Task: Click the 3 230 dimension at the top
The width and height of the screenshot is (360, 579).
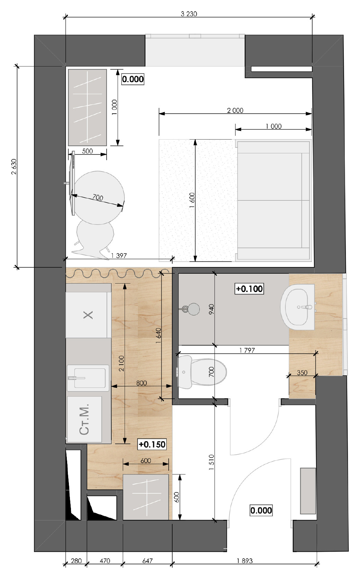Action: (x=189, y=14)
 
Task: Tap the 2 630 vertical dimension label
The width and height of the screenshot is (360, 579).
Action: (x=14, y=167)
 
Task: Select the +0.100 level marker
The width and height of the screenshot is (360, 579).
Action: (x=249, y=288)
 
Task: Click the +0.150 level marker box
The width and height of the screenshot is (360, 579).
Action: (x=152, y=444)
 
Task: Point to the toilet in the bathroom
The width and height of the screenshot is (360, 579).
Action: (x=201, y=372)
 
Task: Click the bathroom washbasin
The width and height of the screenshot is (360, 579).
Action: (x=298, y=307)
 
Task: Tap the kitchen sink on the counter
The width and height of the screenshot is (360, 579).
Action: (x=88, y=378)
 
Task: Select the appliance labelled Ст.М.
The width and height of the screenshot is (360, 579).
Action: (x=84, y=419)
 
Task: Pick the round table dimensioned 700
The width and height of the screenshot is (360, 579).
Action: (x=98, y=197)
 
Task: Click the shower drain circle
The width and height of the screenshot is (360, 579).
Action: (x=193, y=309)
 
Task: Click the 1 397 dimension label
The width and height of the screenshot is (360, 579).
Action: (x=119, y=255)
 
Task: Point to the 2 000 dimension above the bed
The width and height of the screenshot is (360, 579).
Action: (x=235, y=110)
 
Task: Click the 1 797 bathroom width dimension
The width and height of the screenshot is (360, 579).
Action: (x=247, y=350)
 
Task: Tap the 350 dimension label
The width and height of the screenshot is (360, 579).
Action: (x=302, y=373)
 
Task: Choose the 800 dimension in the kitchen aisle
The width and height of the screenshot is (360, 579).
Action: (x=142, y=383)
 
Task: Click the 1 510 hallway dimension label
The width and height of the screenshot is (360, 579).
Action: (x=211, y=462)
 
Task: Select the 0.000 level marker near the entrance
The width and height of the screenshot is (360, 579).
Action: (x=261, y=510)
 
